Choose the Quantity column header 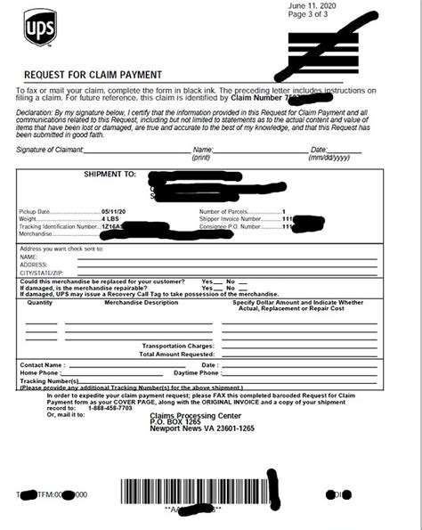tap(40, 303)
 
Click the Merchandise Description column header tap(141, 303)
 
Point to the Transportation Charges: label tap(176, 346)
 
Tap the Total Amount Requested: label tap(174, 354)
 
